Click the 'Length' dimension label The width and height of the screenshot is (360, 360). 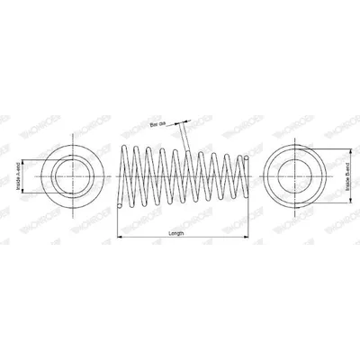(176, 232)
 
